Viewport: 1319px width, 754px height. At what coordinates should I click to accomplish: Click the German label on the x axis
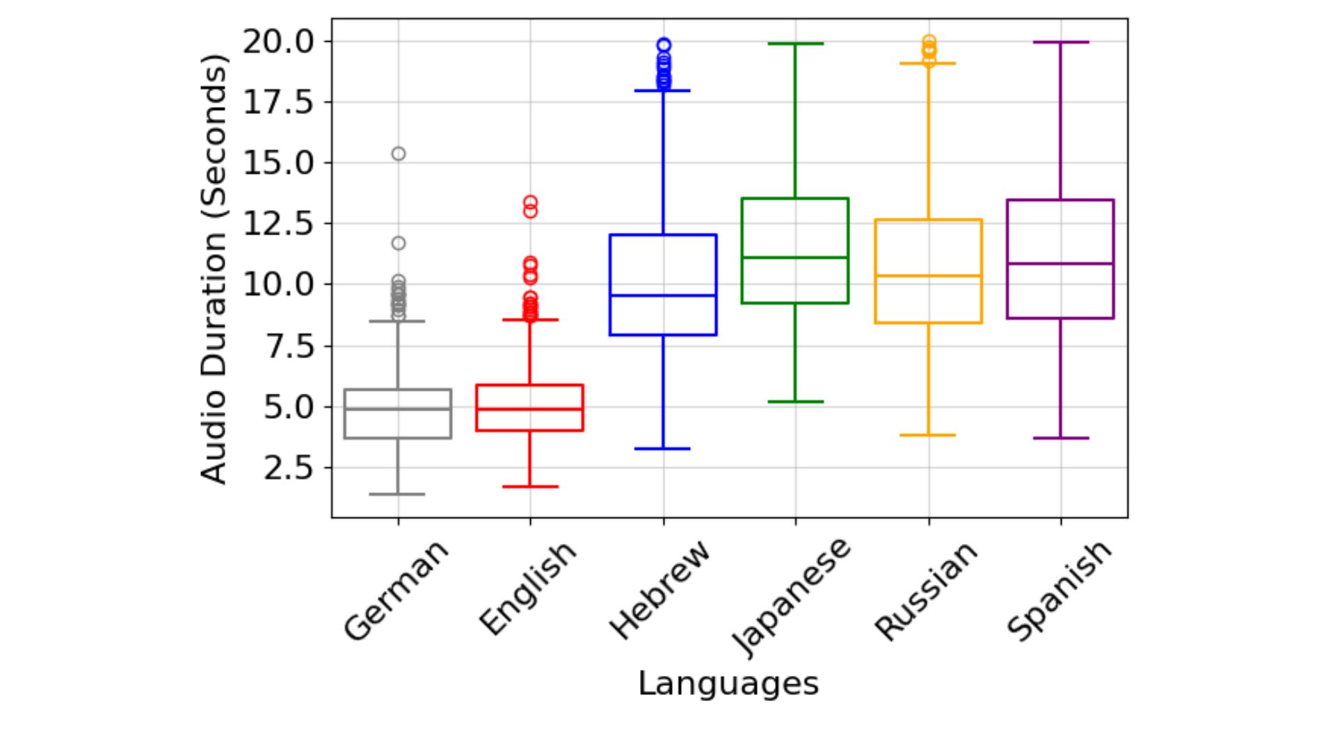coord(396,591)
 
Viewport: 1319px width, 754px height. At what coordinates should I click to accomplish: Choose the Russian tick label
coord(926,591)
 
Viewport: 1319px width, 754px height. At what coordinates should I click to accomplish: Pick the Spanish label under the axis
coord(1060,591)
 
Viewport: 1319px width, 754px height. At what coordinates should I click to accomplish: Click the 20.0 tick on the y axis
coord(278,42)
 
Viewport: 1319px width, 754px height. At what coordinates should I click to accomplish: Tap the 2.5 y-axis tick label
coord(288,468)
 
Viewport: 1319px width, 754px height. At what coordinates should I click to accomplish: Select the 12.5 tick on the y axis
coord(278,224)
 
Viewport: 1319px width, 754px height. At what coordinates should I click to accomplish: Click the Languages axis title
coord(728,683)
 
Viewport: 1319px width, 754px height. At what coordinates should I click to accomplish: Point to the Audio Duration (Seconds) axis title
coord(214,268)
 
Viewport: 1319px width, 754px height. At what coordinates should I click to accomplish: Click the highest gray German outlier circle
coord(399,154)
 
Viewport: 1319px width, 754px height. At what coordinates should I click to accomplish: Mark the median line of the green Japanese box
coord(795,258)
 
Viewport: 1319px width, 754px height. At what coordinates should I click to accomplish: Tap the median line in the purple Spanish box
coord(1060,264)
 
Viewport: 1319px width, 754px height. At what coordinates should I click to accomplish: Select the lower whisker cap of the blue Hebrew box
coord(663,449)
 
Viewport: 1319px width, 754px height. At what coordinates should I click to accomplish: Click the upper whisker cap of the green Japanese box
coord(795,44)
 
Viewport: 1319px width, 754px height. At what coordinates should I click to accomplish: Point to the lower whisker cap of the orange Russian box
coord(928,435)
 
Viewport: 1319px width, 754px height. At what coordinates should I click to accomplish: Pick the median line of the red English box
coord(530,409)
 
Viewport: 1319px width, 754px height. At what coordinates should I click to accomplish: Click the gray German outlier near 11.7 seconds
coord(399,243)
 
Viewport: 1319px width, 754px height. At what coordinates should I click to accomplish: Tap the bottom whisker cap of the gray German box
coord(397,495)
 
